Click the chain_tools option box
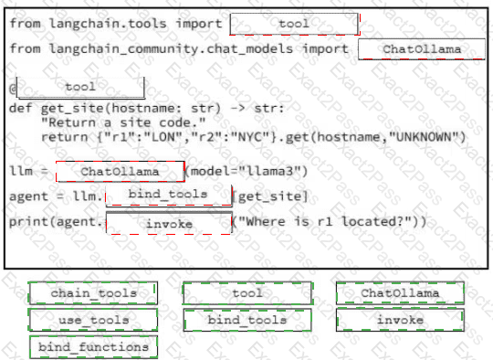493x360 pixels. [x=93, y=293]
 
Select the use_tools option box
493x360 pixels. [x=93, y=320]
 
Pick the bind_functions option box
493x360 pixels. [x=94, y=347]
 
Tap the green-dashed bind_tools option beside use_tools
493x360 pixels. [x=247, y=320]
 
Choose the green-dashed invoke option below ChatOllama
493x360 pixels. [x=400, y=320]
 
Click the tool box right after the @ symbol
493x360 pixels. [x=80, y=87]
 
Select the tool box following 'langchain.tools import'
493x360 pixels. [x=294, y=24]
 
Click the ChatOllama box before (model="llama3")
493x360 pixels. [x=121, y=172]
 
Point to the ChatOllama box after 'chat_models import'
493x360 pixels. [x=422, y=49]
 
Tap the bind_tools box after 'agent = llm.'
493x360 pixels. [x=169, y=196]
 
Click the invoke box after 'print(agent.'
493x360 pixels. [x=169, y=223]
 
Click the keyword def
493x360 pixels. [x=21, y=108]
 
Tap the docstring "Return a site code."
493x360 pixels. [x=123, y=122]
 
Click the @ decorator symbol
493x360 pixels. [x=13, y=88]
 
